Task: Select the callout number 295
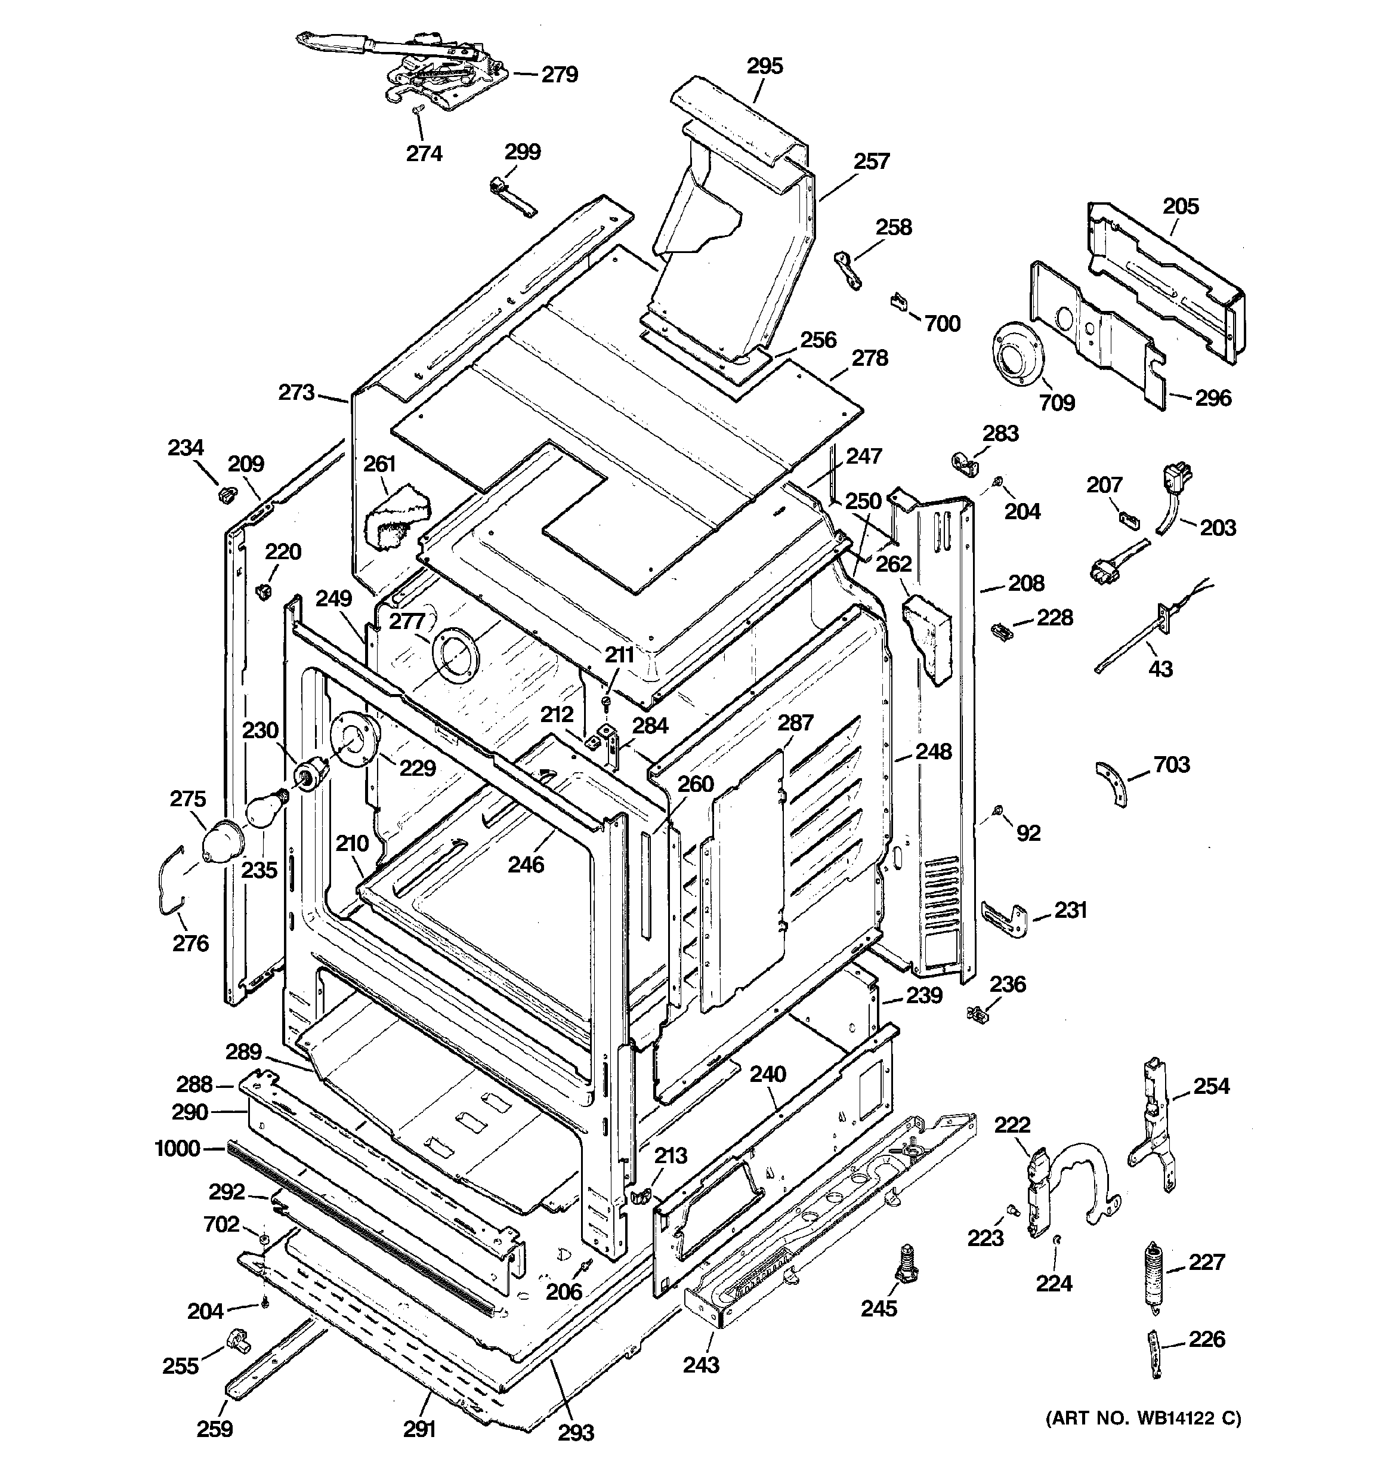click(765, 66)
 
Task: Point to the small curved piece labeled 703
click(1112, 783)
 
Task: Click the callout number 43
click(1160, 668)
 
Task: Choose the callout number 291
click(419, 1429)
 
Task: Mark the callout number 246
click(526, 864)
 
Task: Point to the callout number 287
click(796, 722)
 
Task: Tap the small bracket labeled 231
click(1003, 919)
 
